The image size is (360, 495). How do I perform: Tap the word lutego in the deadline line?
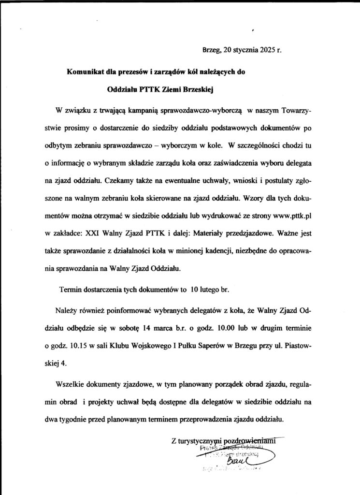click(x=212, y=290)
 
